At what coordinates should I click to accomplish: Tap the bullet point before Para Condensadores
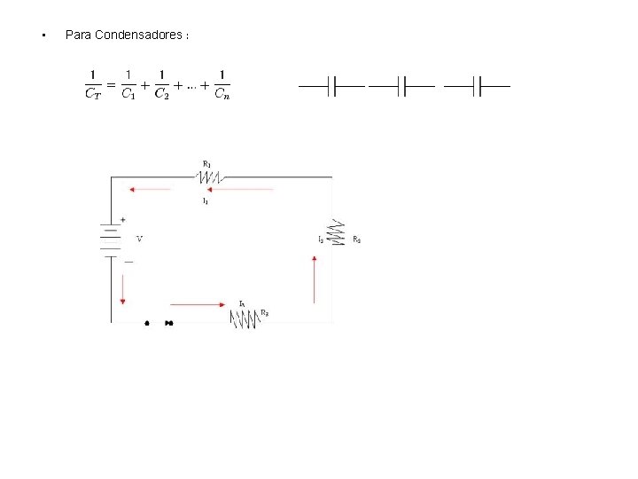tap(43, 35)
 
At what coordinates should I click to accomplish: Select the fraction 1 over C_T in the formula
tap(93, 85)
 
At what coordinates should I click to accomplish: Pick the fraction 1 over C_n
tap(222, 85)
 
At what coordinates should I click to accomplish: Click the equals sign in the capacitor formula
tap(111, 82)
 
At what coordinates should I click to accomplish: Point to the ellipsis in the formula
tap(191, 86)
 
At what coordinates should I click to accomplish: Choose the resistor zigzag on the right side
tap(338, 232)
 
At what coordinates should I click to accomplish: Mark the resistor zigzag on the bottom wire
tap(244, 318)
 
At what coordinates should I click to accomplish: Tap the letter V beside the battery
tap(139, 239)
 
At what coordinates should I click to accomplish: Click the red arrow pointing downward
tap(122, 288)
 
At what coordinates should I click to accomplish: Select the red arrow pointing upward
tap(315, 279)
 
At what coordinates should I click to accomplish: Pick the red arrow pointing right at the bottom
tap(198, 304)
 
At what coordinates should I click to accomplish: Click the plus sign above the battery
tap(122, 219)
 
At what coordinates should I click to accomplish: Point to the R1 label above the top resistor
tap(206, 163)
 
